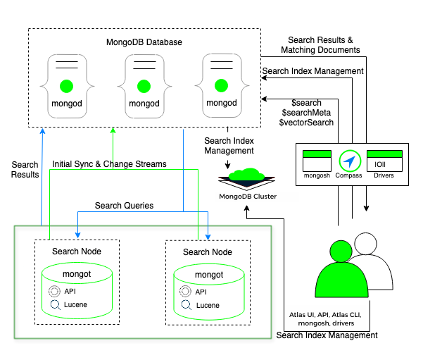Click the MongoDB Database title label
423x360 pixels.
[144, 42]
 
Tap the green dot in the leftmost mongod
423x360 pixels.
[67, 87]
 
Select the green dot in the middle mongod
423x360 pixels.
[144, 87]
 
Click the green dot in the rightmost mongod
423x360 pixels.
[222, 87]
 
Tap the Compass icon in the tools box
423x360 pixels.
[349, 160]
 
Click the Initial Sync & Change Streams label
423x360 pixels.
[109, 164]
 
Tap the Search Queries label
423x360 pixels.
[124, 206]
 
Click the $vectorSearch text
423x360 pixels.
[306, 123]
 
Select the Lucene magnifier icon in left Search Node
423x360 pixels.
[54, 305]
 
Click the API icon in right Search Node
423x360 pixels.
[184, 292]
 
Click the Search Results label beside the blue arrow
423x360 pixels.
[25, 170]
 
